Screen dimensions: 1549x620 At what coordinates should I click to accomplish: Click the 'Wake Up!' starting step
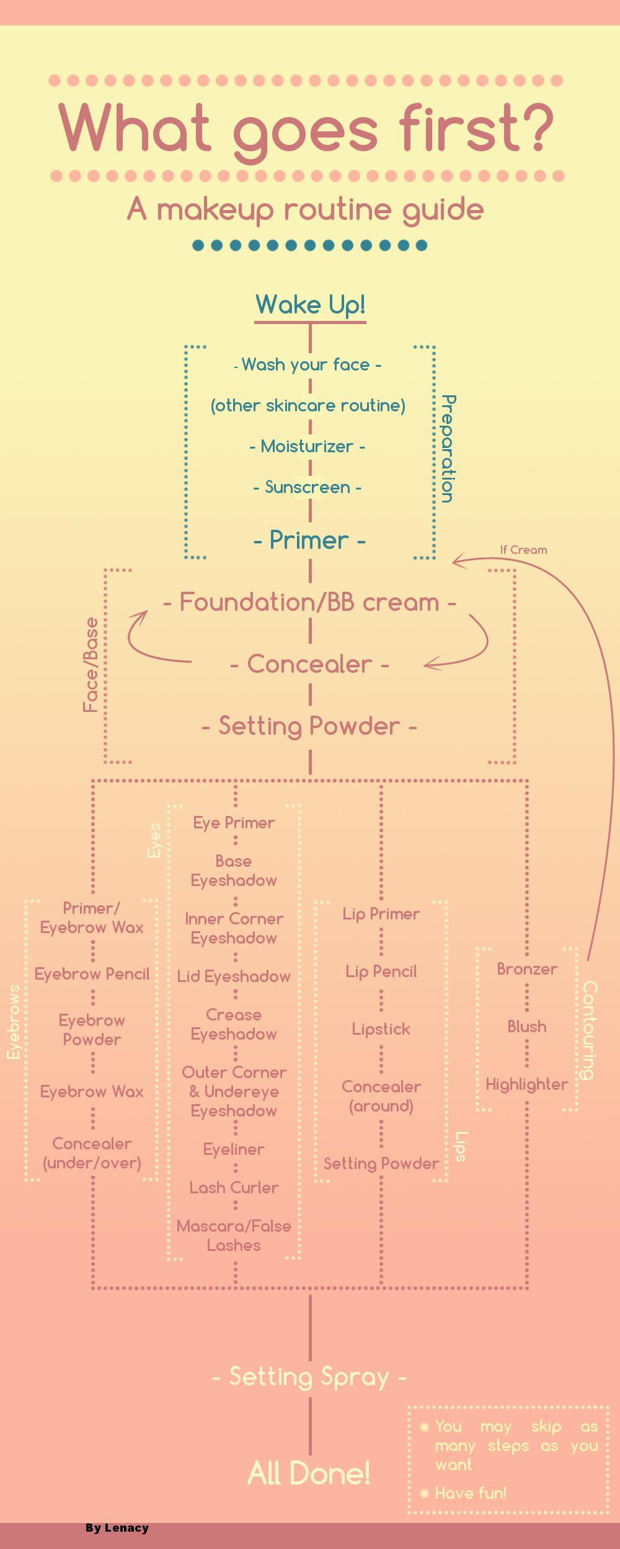pos(310,305)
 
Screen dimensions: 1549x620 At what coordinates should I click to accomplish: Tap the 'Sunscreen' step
pos(308,488)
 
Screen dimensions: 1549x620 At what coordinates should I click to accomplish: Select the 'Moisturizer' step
pos(308,447)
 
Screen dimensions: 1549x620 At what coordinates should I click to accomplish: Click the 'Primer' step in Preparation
pos(309,540)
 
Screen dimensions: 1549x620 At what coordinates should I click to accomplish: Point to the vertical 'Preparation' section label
pos(448,449)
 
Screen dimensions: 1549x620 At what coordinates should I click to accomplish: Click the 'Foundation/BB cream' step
pos(309,602)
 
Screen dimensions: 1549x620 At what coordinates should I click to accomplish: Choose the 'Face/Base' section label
pos(91,664)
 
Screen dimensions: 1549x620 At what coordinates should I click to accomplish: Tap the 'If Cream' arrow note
pos(523,550)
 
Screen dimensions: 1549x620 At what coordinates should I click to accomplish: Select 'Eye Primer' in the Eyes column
pos(234,823)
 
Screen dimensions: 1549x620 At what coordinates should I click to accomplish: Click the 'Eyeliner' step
pos(234,1149)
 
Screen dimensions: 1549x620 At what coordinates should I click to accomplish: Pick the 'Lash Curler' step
pos(234,1188)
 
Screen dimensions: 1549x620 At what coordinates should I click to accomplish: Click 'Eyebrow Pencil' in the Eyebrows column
pos(92,974)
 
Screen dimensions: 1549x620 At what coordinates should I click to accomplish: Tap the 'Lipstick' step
pos(381,1029)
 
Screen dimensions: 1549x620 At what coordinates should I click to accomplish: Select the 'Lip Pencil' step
pos(381,972)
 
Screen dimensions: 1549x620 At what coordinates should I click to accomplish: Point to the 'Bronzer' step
pos(527,969)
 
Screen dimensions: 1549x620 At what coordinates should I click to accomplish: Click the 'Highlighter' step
pos(527,1084)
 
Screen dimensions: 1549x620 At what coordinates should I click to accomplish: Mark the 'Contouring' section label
pos(589,1030)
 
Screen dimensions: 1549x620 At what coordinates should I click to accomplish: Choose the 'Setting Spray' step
pos(309,1377)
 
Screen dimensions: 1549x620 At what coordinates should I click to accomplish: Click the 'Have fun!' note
pos(471,1493)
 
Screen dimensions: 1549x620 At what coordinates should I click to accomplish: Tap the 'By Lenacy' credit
pos(117,1528)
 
